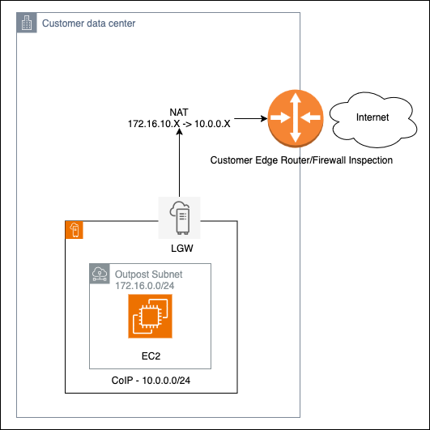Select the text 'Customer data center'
click(x=88, y=23)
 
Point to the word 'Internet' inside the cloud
click(x=373, y=117)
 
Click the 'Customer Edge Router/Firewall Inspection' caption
click(x=301, y=160)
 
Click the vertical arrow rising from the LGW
click(x=179, y=166)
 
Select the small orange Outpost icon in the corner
click(x=75, y=230)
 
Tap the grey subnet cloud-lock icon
click(x=99, y=274)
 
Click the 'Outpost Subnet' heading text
click(x=148, y=274)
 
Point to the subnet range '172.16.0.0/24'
click(x=146, y=287)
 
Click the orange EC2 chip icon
click(x=150, y=316)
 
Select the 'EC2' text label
click(x=150, y=355)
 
